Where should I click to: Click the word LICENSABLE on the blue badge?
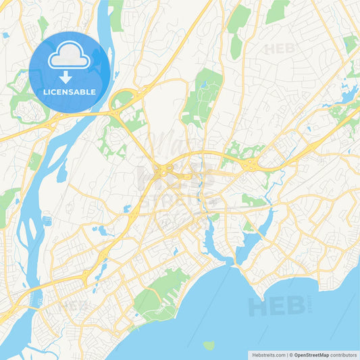tap(70, 92)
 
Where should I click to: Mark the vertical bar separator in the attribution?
tap(288, 354)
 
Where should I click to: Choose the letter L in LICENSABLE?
tap(45, 92)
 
